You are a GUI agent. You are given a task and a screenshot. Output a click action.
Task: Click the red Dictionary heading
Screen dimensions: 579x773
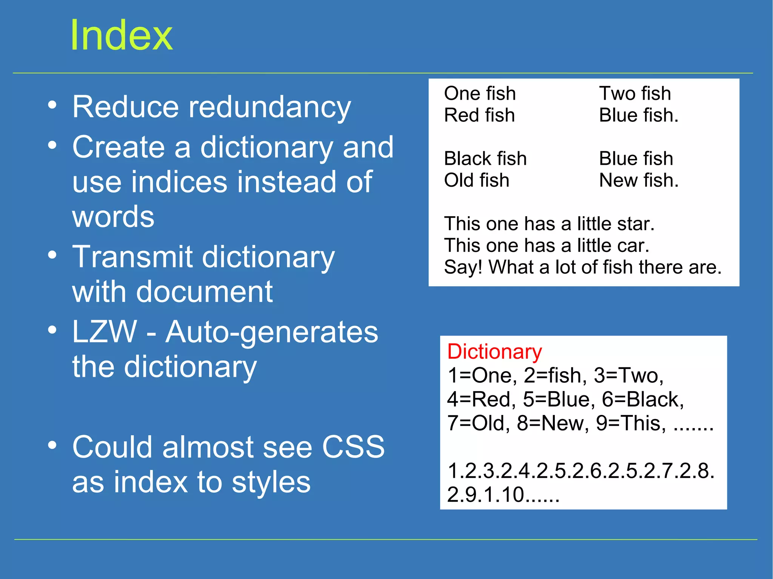[494, 352]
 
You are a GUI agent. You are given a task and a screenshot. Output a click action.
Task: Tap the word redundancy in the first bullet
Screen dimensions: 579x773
[269, 108]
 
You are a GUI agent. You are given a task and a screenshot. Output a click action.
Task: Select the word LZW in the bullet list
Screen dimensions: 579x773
[105, 332]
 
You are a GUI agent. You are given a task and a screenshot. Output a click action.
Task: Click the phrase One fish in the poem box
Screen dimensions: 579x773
[480, 94]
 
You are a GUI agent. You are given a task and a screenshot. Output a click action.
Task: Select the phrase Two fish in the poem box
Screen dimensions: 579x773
[635, 94]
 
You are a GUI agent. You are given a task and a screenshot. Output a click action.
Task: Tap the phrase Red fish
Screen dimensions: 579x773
[479, 115]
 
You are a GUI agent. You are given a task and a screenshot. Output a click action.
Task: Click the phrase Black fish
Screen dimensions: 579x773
[485, 159]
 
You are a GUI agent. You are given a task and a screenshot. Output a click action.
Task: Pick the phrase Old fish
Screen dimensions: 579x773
[476, 180]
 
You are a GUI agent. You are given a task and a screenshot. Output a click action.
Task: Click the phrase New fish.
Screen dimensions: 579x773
[639, 180]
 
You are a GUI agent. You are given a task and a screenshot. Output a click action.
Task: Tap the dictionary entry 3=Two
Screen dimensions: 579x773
[628, 376]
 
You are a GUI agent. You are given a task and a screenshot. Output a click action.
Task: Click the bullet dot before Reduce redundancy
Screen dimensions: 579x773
[52, 105]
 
